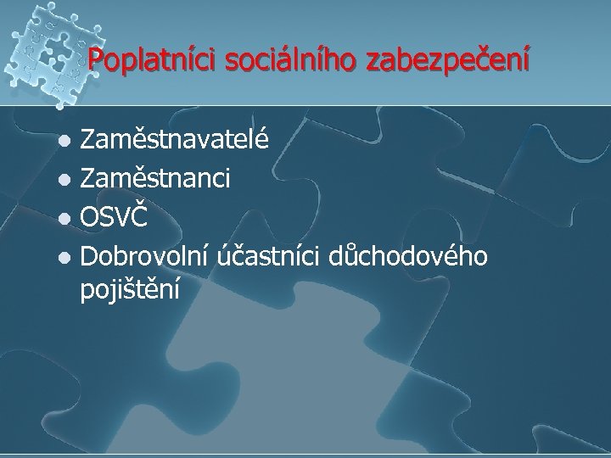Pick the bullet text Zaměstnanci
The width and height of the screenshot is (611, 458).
[x=160, y=178]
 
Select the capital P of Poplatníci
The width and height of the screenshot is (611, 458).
[x=94, y=62]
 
